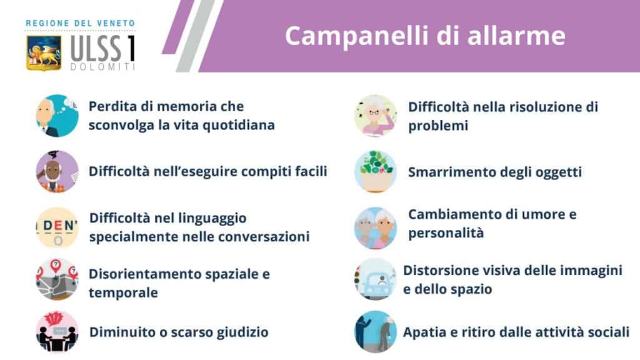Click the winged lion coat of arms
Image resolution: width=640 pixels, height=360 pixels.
tap(44, 52)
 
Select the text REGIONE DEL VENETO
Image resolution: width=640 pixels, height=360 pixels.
tap(81, 23)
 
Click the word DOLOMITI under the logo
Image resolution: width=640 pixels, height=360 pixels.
tap(102, 66)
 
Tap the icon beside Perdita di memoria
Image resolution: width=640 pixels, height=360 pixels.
tap(57, 116)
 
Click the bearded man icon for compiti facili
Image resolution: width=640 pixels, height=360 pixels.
tap(57, 171)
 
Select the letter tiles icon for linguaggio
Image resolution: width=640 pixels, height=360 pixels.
tap(57, 227)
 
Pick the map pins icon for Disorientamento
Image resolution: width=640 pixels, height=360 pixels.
tap(57, 279)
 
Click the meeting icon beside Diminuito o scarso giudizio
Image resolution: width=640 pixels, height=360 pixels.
tap(57, 331)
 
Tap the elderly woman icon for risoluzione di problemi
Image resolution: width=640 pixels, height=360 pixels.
tap(376, 116)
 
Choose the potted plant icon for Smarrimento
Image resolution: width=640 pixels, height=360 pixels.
tap(376, 171)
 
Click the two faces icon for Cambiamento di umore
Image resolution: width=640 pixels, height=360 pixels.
tap(376, 227)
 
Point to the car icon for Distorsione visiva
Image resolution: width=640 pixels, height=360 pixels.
tap(376, 279)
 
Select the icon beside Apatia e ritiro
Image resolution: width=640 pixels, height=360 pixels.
tap(376, 331)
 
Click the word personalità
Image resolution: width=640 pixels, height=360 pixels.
tap(446, 233)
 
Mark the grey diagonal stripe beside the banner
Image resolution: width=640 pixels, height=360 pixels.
tap(196, 36)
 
